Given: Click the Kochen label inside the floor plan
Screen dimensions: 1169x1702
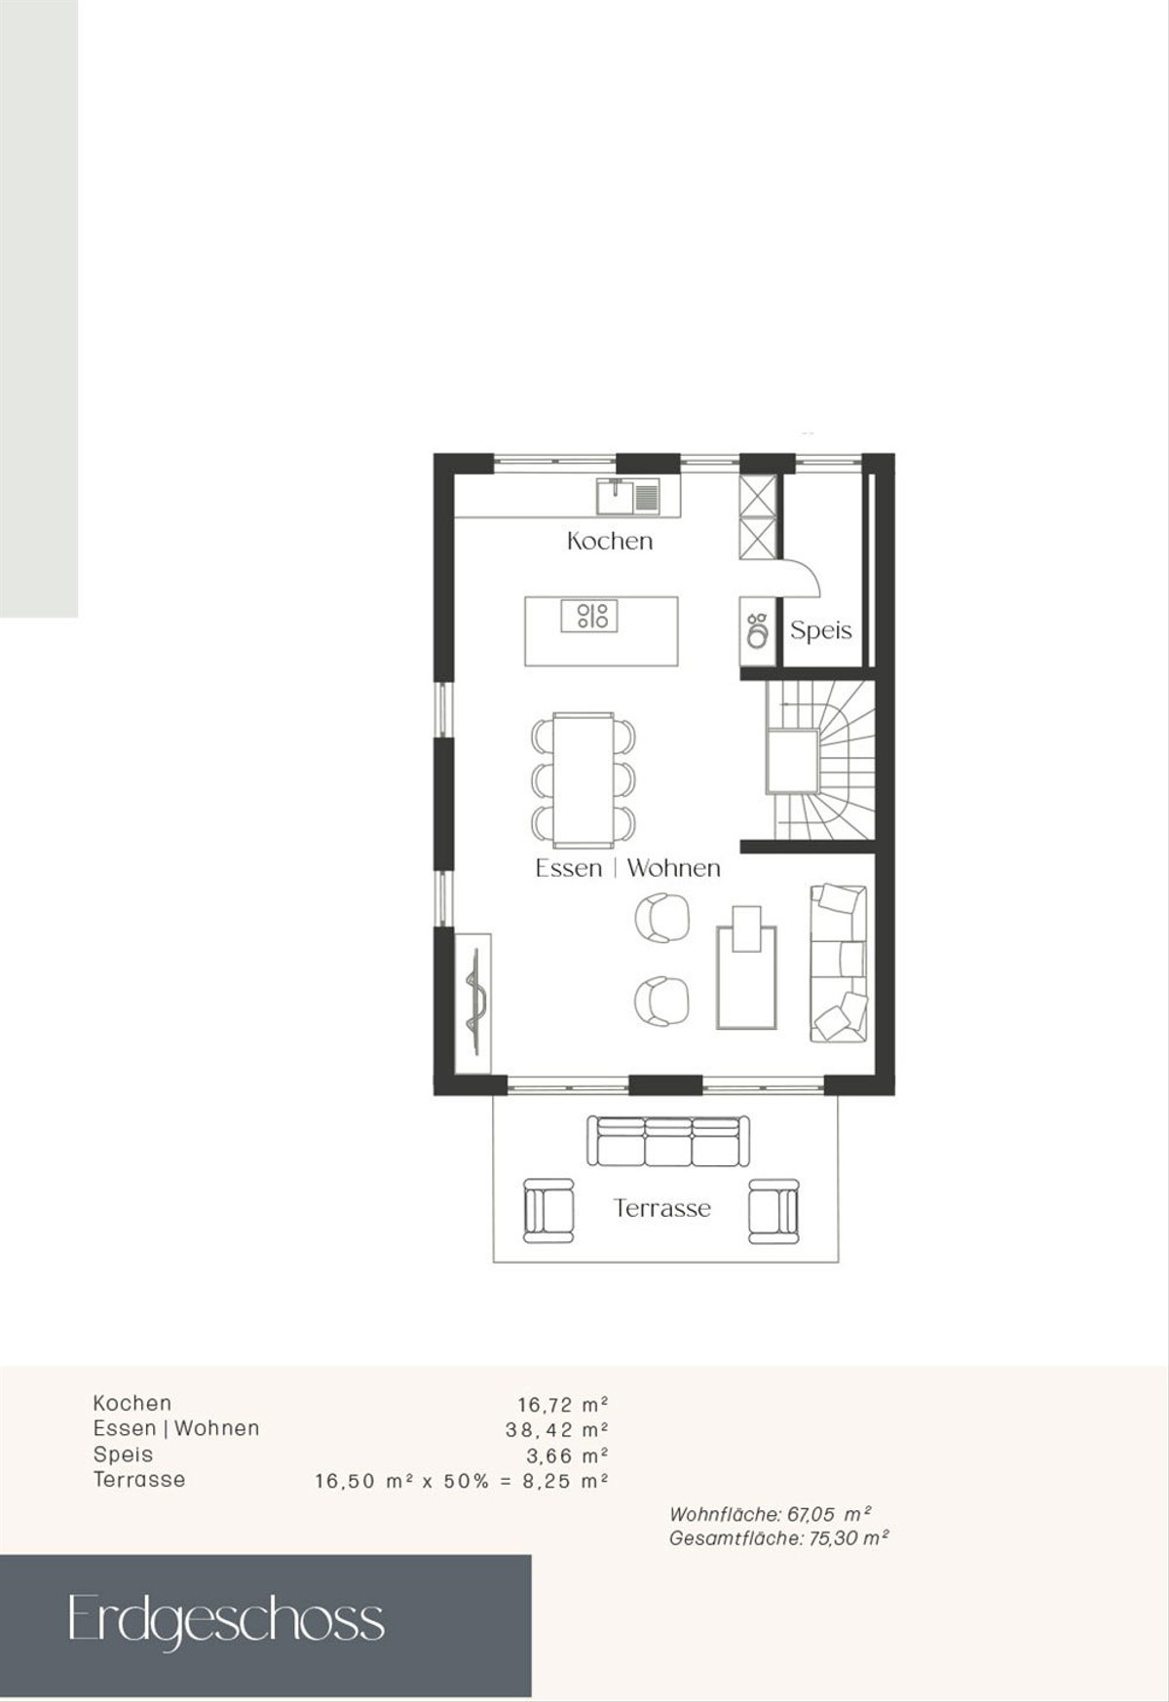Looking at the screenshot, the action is click(x=610, y=541).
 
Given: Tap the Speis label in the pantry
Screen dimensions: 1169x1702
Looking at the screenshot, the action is click(x=820, y=630).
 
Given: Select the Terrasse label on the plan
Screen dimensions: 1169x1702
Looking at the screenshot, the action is click(x=662, y=1208).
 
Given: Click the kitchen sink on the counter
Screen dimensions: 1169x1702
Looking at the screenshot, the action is click(x=628, y=497).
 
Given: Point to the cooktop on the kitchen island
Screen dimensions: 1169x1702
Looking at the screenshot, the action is click(x=589, y=616).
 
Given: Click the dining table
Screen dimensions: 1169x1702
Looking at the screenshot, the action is click(x=584, y=777).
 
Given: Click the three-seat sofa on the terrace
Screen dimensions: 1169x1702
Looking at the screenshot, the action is click(x=668, y=1141).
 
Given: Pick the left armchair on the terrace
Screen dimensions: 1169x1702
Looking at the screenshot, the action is click(x=549, y=1210).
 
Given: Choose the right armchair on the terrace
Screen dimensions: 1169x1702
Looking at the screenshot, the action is click(x=773, y=1210).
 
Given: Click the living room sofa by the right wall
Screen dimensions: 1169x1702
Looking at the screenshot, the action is click(x=839, y=963).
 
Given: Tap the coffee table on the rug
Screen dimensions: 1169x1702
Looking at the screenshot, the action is click(x=746, y=928).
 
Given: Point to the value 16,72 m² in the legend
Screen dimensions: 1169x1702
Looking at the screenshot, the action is click(x=562, y=1405).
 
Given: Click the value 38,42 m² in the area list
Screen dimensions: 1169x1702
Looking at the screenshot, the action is click(x=556, y=1430).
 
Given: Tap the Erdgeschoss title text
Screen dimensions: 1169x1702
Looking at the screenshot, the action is click(x=226, y=1621).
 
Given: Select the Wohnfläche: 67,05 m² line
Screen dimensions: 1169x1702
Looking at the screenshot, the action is click(x=770, y=1514).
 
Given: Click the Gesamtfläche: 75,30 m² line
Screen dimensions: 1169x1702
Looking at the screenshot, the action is click(x=779, y=1538).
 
